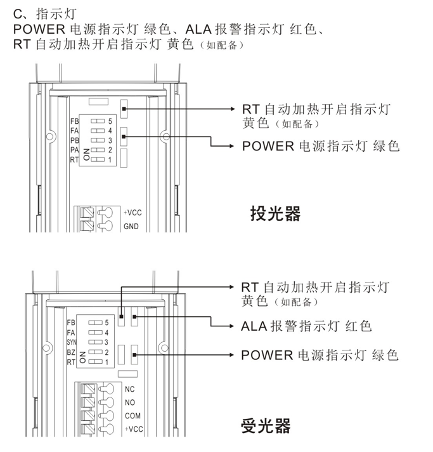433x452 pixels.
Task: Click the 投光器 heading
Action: (x=275, y=213)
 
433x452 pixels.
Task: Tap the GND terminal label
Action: (x=131, y=226)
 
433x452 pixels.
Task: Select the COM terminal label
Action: (x=132, y=416)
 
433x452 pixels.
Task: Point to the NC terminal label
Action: (x=130, y=389)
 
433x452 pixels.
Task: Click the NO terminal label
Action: (x=130, y=402)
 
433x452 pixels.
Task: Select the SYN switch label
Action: (x=71, y=342)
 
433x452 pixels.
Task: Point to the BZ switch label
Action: (x=71, y=352)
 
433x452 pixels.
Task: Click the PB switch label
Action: (x=74, y=140)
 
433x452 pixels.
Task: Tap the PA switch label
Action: (x=74, y=150)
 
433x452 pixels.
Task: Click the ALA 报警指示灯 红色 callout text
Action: (x=306, y=327)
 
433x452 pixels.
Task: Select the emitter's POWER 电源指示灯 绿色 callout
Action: (x=321, y=146)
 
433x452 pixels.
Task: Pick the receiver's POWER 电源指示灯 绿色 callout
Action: (x=320, y=355)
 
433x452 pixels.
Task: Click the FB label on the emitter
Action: (x=74, y=121)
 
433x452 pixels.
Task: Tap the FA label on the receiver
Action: (x=71, y=332)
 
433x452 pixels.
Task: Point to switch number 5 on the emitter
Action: (x=110, y=120)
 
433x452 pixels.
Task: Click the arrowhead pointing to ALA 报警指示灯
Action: (x=232, y=327)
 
